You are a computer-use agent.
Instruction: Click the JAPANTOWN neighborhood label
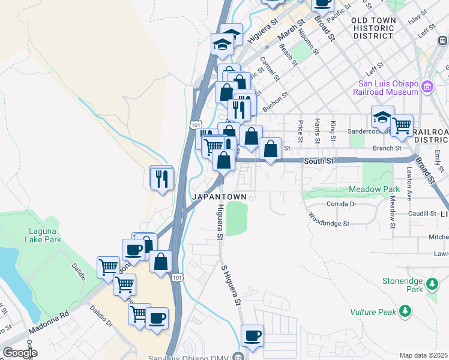[x=217, y=196]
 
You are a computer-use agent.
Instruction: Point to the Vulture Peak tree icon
[x=406, y=311]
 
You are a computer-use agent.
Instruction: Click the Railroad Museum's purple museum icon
[x=427, y=87]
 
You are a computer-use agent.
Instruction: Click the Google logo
[x=20, y=352]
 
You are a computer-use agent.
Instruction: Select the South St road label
[x=318, y=161]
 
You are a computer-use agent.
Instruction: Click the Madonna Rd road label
[x=47, y=322]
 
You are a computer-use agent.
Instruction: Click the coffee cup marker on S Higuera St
[x=252, y=335]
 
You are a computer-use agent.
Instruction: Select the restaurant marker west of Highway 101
[x=162, y=178]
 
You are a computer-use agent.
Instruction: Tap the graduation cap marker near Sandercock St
[x=382, y=118]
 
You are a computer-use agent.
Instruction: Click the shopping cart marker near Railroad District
[x=402, y=126]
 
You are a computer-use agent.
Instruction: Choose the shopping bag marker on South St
[x=271, y=149]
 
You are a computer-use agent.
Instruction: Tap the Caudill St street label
[x=423, y=214]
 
